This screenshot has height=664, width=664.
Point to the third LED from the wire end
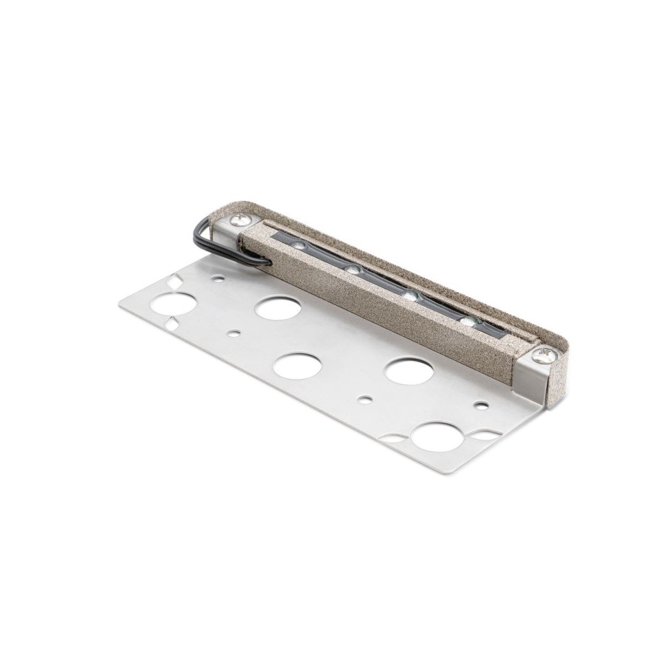pos(409,297)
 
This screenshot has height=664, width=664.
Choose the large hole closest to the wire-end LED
pos(276,308)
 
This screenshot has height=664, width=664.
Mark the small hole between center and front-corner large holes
pos(366,398)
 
